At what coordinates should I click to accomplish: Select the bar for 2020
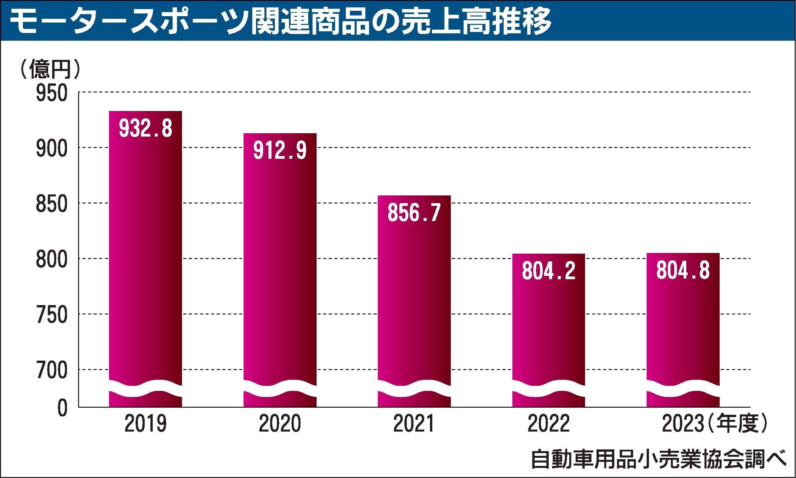(280, 262)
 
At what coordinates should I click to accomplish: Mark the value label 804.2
(548, 271)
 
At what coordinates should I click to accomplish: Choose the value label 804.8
(683, 270)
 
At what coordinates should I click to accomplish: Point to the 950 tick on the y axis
(52, 93)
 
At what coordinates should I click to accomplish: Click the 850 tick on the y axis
(52, 204)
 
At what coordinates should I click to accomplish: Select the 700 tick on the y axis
(52, 370)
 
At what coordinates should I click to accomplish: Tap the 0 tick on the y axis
(62, 409)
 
